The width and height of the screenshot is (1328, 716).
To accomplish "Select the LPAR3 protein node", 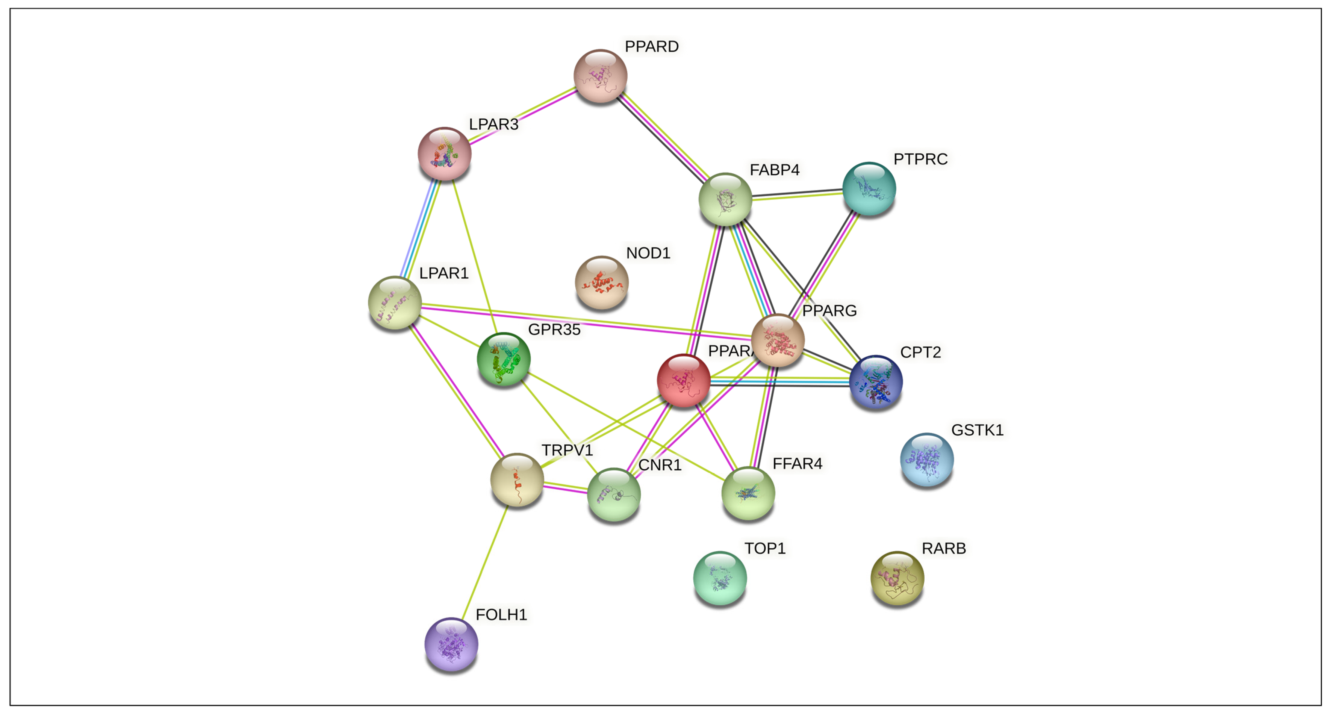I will click(444, 153).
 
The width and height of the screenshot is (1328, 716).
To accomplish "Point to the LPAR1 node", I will click(395, 302).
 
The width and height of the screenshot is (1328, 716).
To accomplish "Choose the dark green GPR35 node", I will click(504, 359).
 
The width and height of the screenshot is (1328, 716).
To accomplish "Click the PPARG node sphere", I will click(777, 340).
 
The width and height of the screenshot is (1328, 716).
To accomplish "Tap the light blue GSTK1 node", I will click(926, 459).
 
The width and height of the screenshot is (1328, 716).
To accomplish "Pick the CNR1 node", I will click(614, 494).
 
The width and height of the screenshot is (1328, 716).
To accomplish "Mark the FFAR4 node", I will click(748, 493).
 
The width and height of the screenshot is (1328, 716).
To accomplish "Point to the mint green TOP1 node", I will click(720, 577).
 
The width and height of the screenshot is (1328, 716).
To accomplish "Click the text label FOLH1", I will click(501, 615).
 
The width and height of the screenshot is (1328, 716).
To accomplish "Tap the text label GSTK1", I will click(977, 430).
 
